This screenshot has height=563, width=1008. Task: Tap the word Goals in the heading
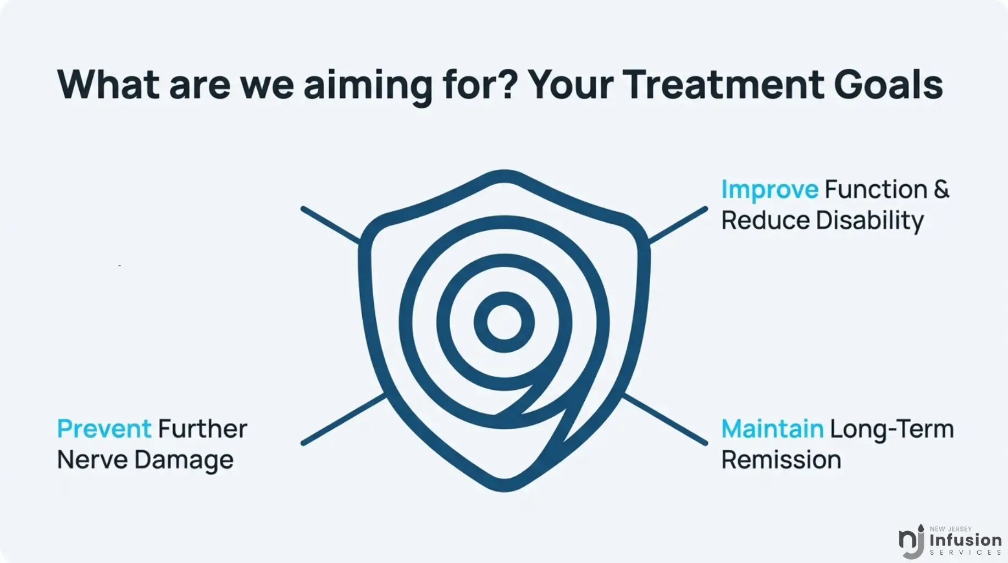point(888,85)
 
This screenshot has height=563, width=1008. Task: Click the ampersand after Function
point(941,189)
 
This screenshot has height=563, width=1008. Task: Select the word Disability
point(869,221)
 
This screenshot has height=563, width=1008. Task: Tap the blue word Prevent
point(104,429)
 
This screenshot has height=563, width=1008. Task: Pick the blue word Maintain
point(772,429)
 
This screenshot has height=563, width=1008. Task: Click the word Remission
point(781,460)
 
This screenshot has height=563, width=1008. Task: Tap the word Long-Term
point(892,429)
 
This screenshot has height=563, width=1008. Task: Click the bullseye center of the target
point(504,322)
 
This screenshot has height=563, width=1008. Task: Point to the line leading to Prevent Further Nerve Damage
point(344,418)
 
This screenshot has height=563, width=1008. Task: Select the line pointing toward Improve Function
point(678,224)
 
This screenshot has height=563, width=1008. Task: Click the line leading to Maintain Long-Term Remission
point(665,418)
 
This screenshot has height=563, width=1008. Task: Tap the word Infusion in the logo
point(966,540)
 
